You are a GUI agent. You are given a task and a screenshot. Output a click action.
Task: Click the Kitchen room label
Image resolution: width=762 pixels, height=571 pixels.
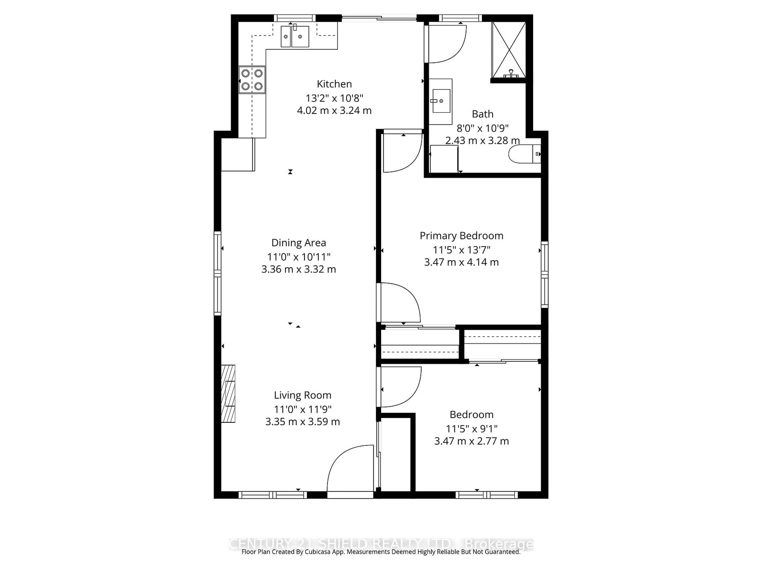coord(334,84)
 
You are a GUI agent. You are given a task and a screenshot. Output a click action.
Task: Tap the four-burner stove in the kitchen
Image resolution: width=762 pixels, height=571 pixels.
coord(252,80)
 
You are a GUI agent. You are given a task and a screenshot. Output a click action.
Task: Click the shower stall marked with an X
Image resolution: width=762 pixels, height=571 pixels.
coord(508,50)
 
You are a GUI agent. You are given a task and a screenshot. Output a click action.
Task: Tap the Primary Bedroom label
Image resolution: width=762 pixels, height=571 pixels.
coord(461,236)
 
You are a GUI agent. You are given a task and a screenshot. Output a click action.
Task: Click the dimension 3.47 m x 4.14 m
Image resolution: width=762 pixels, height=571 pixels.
coord(461,262)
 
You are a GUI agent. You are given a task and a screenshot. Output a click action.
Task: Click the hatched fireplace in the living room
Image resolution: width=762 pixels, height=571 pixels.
coord(228,393)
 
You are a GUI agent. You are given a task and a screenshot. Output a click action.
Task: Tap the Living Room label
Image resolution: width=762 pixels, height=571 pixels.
coord(302,395)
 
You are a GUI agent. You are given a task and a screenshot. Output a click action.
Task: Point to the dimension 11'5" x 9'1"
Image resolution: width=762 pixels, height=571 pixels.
coord(472,429)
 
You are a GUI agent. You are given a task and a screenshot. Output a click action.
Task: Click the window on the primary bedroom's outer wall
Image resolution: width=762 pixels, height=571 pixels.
coord(544,274)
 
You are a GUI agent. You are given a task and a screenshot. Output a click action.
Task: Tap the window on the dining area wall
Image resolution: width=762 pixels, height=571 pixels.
coord(217,274)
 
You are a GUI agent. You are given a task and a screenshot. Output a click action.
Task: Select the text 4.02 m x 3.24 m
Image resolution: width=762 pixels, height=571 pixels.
coord(334,110)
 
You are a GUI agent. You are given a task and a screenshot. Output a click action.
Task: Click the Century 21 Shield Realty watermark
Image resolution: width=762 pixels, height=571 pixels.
coord(380,544)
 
